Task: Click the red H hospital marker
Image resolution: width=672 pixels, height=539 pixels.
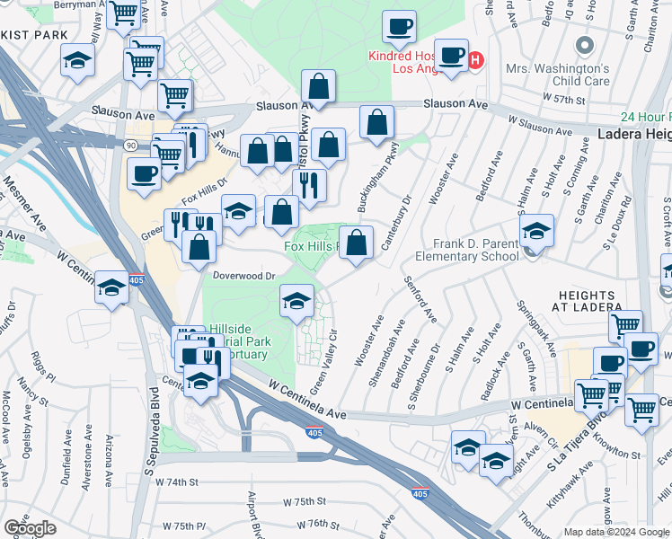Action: coord(476,61)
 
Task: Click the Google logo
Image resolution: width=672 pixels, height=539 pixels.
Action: coord(30,528)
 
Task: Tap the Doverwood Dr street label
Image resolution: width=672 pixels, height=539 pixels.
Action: coord(243,277)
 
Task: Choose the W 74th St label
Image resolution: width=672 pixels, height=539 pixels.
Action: coord(175,482)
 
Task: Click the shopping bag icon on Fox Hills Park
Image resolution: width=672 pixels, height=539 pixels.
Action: coord(357,243)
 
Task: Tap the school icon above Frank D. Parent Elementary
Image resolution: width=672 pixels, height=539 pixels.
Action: coord(536,232)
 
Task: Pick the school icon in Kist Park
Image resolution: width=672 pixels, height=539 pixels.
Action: coord(78,62)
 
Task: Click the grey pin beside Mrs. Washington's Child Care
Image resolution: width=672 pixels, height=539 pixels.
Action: coord(585,46)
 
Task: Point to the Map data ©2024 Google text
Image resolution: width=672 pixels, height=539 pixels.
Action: coord(616,532)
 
